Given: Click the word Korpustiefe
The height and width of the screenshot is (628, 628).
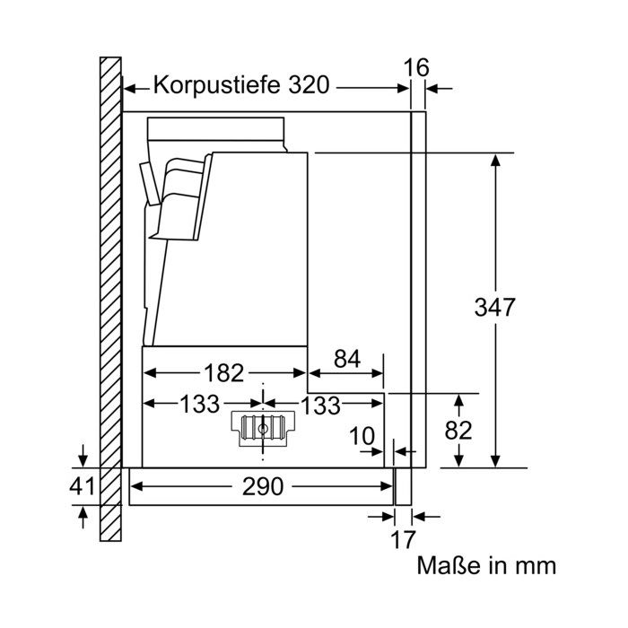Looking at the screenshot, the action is tap(216, 84).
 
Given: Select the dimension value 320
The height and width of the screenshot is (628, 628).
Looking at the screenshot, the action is tap(309, 84).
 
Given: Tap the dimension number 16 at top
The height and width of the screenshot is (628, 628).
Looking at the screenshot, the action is tap(416, 67).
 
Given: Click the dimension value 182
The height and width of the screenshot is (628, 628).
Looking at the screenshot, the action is tap(224, 373).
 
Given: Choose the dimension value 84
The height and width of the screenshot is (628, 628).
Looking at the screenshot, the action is tap(347, 359).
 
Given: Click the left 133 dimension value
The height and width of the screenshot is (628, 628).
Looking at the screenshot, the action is tap(200, 404).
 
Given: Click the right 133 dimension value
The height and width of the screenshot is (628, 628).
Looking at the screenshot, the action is tap(320, 406).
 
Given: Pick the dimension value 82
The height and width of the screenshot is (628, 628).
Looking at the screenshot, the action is tap(458, 431).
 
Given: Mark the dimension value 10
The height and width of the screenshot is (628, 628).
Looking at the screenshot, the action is tap(362, 436).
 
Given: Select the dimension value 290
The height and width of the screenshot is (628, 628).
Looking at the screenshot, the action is tap(263, 486).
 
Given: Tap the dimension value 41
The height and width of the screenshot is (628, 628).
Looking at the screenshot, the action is tap(83, 486).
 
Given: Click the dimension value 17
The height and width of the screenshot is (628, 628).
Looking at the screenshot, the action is tap(403, 539).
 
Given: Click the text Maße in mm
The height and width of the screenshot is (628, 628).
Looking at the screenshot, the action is tap(486, 565).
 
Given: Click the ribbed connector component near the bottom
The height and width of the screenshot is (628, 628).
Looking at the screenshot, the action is tap(263, 429).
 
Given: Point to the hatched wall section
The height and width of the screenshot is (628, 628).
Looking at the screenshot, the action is tap(110, 299).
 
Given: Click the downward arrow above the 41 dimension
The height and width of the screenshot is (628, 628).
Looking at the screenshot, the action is tap(83, 456).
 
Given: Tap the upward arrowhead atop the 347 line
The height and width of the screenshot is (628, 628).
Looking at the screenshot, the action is tap(496, 161).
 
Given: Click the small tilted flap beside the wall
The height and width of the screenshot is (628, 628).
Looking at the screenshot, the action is tap(149, 184).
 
